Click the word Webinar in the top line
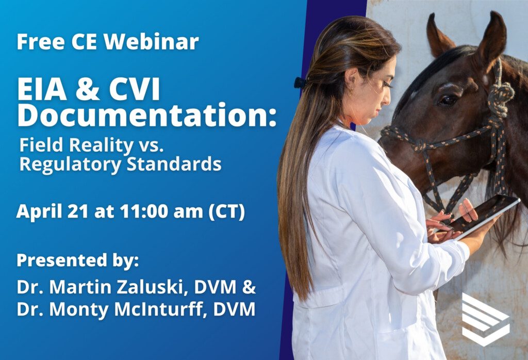[151, 41]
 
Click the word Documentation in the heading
[143, 115]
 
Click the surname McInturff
[159, 309]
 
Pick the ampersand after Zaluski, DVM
[249, 287]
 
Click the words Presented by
[78, 261]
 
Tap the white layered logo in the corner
[485, 320]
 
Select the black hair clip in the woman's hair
[300, 83]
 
